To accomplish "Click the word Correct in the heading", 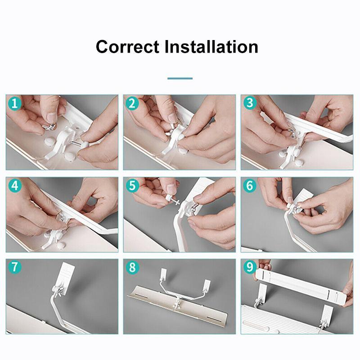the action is pos(127,47).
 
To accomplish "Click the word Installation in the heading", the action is pos(211,47).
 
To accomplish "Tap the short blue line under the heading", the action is pos(180,78).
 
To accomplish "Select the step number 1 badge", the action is pos(15,103).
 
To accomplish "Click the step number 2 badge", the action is pos(132,103).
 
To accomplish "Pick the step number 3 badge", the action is pos(250,103).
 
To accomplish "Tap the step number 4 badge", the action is pos(15,185).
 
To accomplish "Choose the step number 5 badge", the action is pos(132,185).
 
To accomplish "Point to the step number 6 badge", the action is pos(250,185).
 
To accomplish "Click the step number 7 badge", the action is pos(15,267).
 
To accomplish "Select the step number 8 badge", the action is pos(132,267).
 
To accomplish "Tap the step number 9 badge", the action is pos(250,267).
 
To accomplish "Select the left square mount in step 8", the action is pos(164,273).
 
